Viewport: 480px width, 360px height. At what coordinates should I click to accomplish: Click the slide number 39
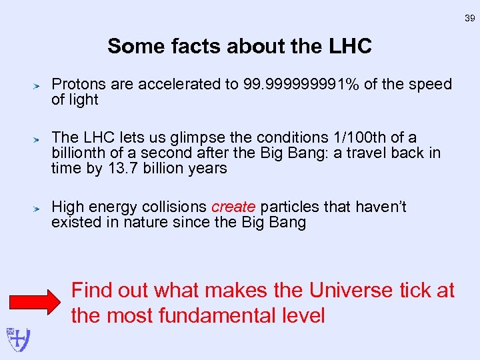coord(469,19)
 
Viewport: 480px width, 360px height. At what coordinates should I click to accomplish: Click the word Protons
coord(78,85)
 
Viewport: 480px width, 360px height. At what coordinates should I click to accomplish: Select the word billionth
coord(79,153)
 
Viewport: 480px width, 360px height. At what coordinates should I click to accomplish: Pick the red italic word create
coord(233,207)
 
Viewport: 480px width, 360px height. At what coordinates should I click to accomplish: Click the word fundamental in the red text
coord(215,315)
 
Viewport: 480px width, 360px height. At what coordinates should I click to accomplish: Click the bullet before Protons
coord(39,85)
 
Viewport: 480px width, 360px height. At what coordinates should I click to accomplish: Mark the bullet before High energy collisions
coord(39,208)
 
